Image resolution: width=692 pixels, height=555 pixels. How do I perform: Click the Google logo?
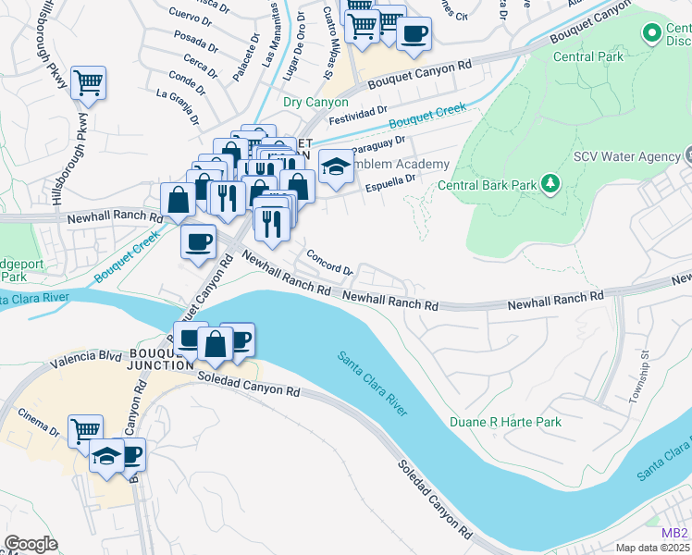point(31,544)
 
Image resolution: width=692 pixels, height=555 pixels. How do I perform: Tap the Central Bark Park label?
point(487,185)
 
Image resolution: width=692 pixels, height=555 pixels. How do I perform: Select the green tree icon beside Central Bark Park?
point(550,184)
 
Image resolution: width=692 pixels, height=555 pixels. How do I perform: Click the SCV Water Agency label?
point(626,156)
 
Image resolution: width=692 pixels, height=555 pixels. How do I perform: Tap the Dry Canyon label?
point(315,102)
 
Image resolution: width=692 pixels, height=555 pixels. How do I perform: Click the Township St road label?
point(636,385)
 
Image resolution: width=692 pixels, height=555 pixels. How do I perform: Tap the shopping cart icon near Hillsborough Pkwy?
point(88,82)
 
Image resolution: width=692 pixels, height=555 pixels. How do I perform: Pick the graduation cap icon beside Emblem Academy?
point(336,166)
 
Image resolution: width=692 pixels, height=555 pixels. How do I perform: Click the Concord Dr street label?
point(330,264)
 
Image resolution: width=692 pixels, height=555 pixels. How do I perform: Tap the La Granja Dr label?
point(178,105)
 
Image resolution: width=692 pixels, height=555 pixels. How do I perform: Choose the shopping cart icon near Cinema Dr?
point(85,429)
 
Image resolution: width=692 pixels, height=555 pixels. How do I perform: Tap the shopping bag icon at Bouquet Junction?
point(215,343)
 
